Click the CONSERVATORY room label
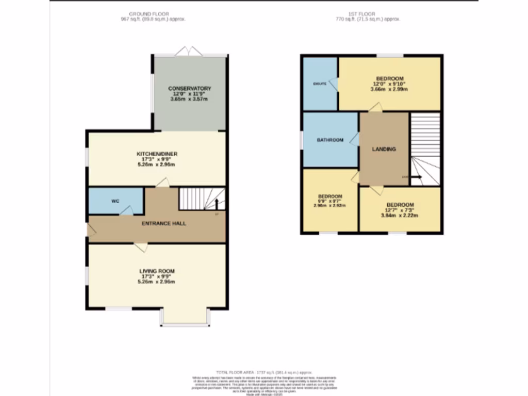[x=189, y=89]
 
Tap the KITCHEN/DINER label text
[x=157, y=154]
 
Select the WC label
[x=115, y=201]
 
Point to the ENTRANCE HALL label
[x=164, y=223]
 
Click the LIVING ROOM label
[x=157, y=271]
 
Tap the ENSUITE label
[x=320, y=84]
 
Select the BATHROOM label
[x=330, y=140]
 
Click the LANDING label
[x=384, y=150]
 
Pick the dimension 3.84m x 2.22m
[x=400, y=216]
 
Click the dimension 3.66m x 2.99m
[x=390, y=89]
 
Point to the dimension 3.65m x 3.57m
[x=189, y=100]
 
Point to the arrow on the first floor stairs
[x=415, y=177]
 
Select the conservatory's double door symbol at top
[x=189, y=51]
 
